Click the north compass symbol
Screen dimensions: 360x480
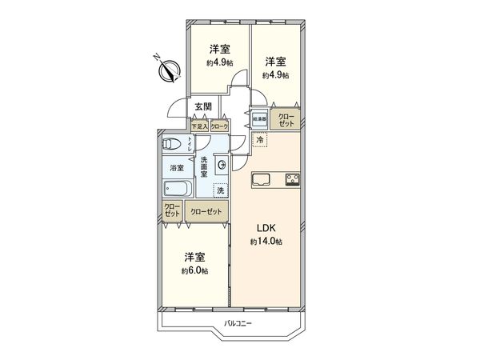(x=166, y=70)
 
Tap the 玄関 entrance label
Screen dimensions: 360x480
(x=202, y=106)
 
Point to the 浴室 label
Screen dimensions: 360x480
(x=175, y=168)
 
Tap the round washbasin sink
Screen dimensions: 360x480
(x=222, y=166)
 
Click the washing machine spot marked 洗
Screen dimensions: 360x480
(x=219, y=190)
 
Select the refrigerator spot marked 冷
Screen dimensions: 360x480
(x=260, y=141)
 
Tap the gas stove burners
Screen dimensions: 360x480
(x=290, y=179)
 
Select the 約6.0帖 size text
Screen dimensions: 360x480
(x=195, y=271)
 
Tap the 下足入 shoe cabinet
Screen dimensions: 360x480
(x=199, y=126)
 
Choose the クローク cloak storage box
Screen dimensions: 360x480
(x=219, y=126)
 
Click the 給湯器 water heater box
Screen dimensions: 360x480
(x=259, y=119)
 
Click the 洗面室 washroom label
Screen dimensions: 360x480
(x=205, y=166)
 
